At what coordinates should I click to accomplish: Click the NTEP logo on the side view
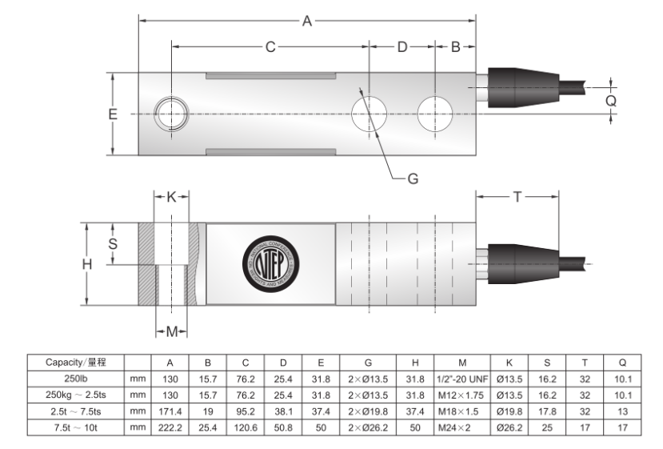(269, 263)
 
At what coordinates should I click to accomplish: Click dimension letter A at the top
(307, 22)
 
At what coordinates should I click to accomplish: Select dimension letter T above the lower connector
(518, 197)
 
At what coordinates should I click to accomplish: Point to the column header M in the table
(461, 362)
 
